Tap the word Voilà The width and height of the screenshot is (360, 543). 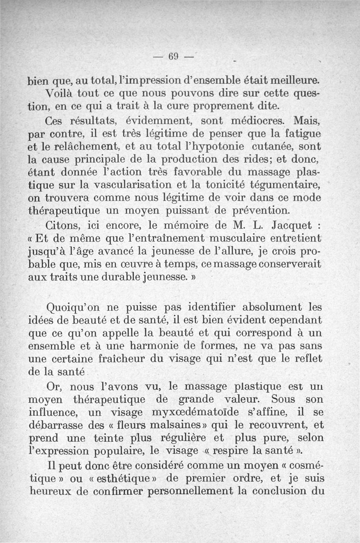[x=62, y=94]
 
